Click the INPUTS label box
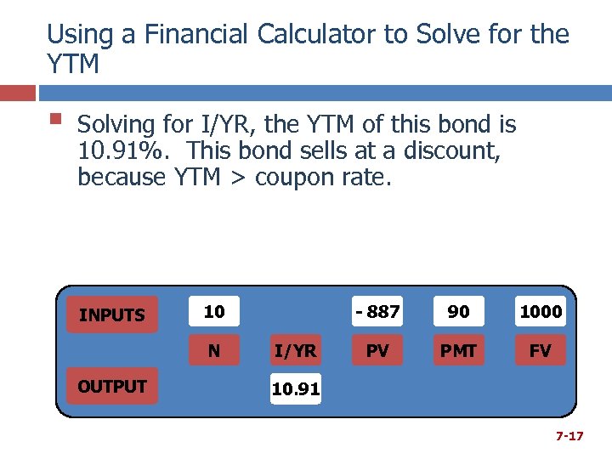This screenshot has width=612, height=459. [x=111, y=315]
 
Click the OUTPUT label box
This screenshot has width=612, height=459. [x=111, y=387]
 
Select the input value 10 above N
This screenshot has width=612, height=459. [x=214, y=312]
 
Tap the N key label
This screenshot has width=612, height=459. [x=214, y=350]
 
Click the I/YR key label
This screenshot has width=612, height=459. [x=296, y=350]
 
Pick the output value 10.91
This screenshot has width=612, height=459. [x=296, y=389]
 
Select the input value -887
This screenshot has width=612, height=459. [x=377, y=312]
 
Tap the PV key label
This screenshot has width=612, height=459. [x=377, y=350]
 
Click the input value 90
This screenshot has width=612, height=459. [x=458, y=312]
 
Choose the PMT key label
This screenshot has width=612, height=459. [x=458, y=350]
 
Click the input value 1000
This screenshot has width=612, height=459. [x=541, y=312]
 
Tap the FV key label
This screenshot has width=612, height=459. [x=541, y=350]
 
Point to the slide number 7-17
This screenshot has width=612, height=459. [x=569, y=436]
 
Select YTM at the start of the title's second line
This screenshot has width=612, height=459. [x=73, y=64]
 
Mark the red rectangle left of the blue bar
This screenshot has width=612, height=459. [x=18, y=93]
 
